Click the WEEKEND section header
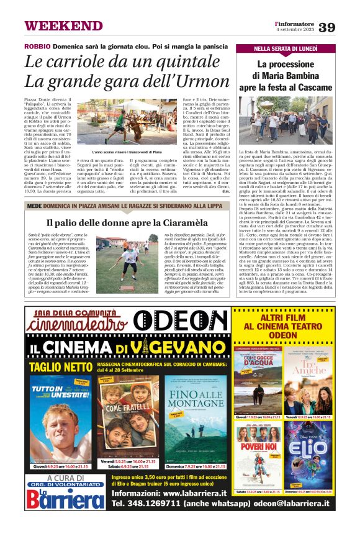coord(63,26)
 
